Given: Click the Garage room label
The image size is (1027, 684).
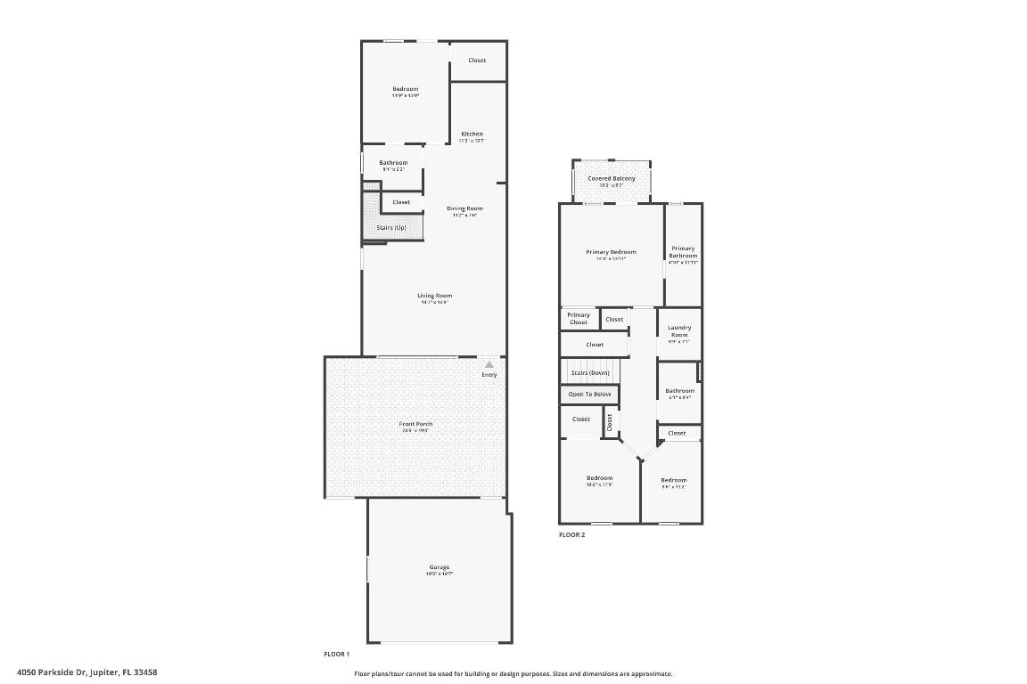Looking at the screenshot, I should point(440,567).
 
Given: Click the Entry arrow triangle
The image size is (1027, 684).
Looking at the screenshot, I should point(489,364).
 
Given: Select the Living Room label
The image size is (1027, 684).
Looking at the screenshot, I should point(435,296).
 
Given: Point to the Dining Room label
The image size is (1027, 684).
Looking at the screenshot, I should point(464,208).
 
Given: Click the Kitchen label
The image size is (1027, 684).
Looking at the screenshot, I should point(472,134).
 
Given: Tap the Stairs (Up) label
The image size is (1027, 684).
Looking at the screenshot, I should point(391,228).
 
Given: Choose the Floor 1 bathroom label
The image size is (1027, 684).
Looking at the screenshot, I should point(393,163).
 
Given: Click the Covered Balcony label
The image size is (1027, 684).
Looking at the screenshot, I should point(612,179).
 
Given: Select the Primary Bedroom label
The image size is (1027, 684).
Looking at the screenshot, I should point(612,252).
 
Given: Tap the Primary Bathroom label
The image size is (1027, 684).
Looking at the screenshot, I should point(683,252).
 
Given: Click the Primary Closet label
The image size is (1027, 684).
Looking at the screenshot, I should point(579,318).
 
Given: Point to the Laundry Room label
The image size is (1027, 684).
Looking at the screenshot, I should point(679,331).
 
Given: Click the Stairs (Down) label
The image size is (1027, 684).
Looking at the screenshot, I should point(590,372).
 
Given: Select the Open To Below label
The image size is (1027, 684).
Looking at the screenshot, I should point(590,394).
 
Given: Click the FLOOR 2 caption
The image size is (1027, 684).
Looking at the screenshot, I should point(572,535).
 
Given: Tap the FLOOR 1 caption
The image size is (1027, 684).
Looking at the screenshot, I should point(337,654).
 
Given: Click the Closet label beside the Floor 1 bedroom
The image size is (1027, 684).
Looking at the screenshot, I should point(477,61).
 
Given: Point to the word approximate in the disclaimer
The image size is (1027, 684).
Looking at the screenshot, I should point(653,674).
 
